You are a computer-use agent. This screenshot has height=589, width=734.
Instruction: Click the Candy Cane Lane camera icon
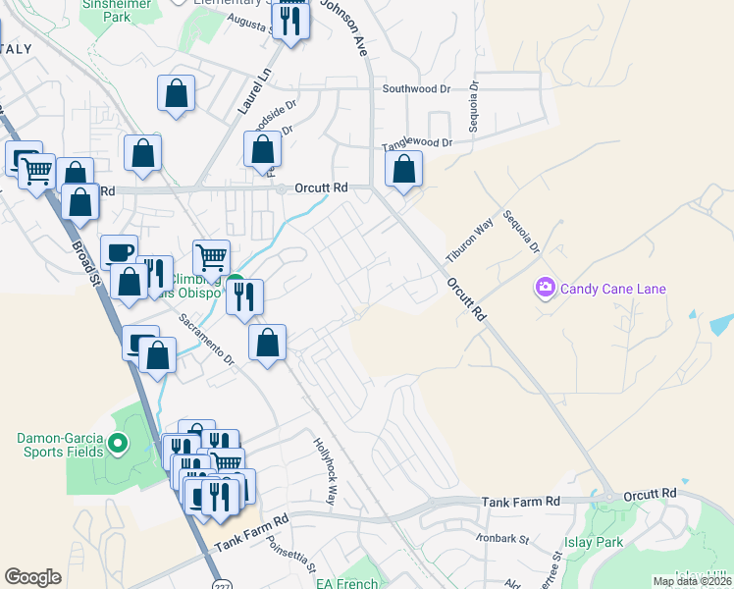pyautogui.click(x=545, y=288)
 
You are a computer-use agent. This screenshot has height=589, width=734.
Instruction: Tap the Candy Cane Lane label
pyautogui.click(x=613, y=289)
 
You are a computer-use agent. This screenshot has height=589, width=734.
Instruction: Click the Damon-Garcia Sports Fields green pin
pyautogui.click(x=118, y=444)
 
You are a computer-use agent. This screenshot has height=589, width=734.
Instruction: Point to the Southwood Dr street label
pyautogui.click(x=416, y=89)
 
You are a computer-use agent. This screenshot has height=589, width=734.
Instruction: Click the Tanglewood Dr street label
pyautogui.click(x=416, y=143)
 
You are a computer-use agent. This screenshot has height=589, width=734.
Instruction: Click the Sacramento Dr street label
pyautogui.click(x=206, y=340)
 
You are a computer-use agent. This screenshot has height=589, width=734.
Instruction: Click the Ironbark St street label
pyautogui.click(x=503, y=539)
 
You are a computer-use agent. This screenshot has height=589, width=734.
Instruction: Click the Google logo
pyautogui.click(x=32, y=577)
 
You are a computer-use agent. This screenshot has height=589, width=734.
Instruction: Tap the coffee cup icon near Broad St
pyautogui.click(x=119, y=252)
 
